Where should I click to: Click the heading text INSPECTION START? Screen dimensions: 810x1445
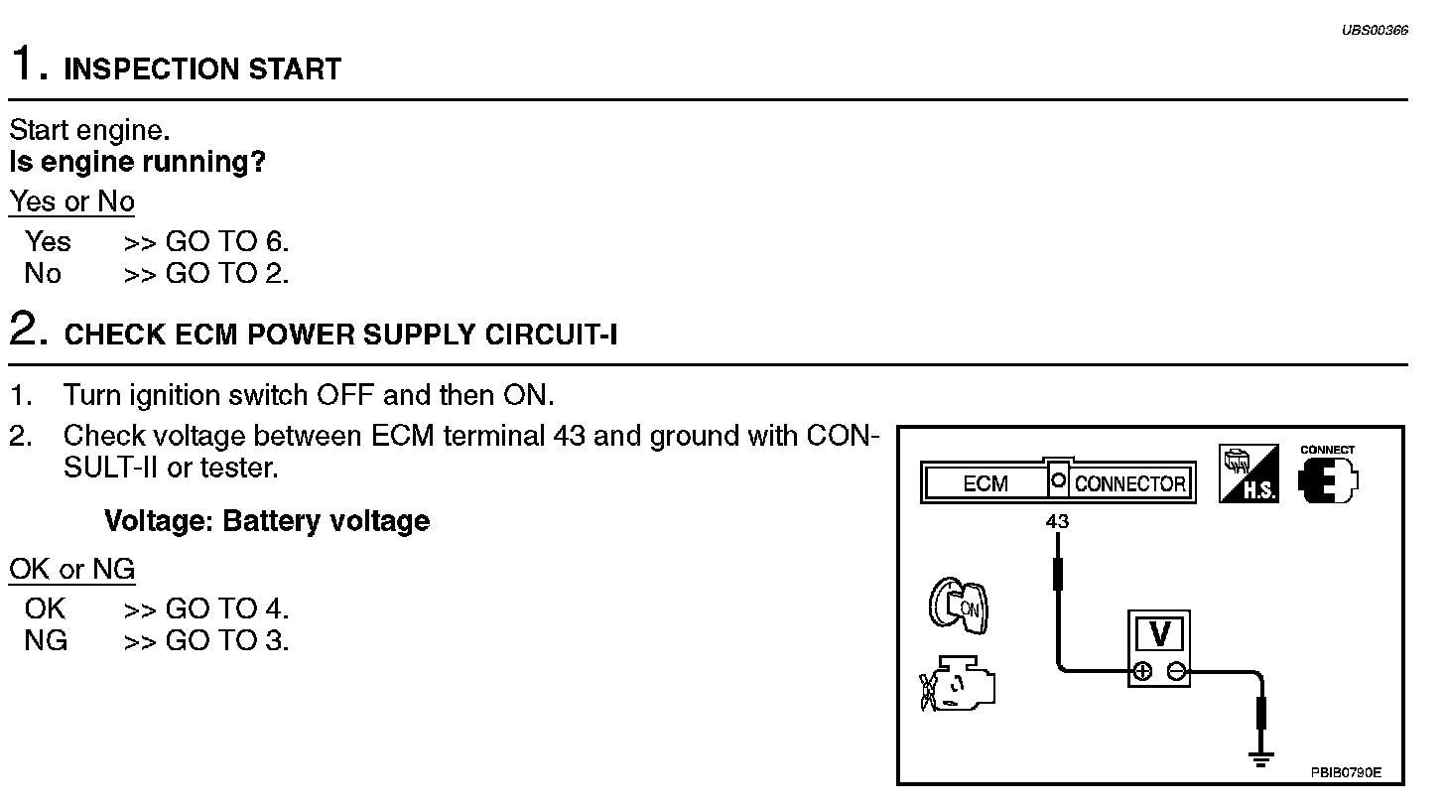(202, 69)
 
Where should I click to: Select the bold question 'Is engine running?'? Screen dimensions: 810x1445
(137, 161)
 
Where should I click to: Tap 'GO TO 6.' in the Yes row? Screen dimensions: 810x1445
(227, 241)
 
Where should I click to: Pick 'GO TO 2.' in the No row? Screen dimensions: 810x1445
(227, 273)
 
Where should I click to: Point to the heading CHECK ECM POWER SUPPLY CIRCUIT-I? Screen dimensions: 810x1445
(340, 336)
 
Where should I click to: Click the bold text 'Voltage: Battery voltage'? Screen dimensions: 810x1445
(266, 521)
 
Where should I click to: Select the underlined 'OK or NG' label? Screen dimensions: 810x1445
(71, 569)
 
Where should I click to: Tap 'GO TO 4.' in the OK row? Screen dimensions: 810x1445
(227, 608)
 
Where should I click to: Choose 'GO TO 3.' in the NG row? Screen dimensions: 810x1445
(227, 640)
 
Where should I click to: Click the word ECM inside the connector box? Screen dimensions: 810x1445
(985, 484)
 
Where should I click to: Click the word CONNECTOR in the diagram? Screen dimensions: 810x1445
(1129, 484)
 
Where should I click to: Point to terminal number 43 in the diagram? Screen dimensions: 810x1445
(1057, 521)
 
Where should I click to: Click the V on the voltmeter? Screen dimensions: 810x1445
(1158, 632)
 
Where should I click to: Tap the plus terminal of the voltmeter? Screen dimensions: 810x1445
(1142, 671)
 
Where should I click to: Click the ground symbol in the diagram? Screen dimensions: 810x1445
(1260, 759)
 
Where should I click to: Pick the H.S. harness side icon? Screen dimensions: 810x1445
(1248, 474)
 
